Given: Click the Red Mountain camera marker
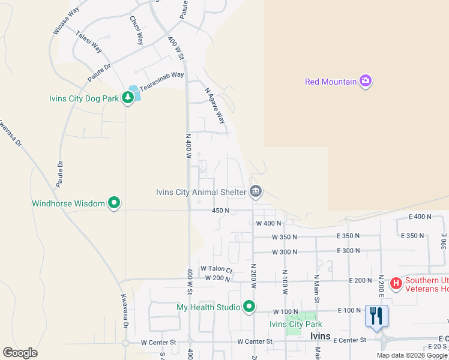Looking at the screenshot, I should coord(366,82).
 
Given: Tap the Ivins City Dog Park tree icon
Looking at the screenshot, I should coord(128,97).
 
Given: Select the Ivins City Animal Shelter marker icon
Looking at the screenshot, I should coord(255,192).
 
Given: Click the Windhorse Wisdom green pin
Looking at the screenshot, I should coord(114,203).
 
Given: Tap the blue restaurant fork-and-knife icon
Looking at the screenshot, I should coord(376,316).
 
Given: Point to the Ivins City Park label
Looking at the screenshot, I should coord(295,325).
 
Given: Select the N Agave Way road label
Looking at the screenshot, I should coord(214,106).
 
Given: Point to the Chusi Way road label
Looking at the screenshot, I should coord(136,30).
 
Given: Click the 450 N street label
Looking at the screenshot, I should coord(220,211).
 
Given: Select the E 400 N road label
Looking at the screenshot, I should coord(420,216).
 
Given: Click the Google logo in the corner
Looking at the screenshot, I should coord(20,353).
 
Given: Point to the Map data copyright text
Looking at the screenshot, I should coord(412,355).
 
